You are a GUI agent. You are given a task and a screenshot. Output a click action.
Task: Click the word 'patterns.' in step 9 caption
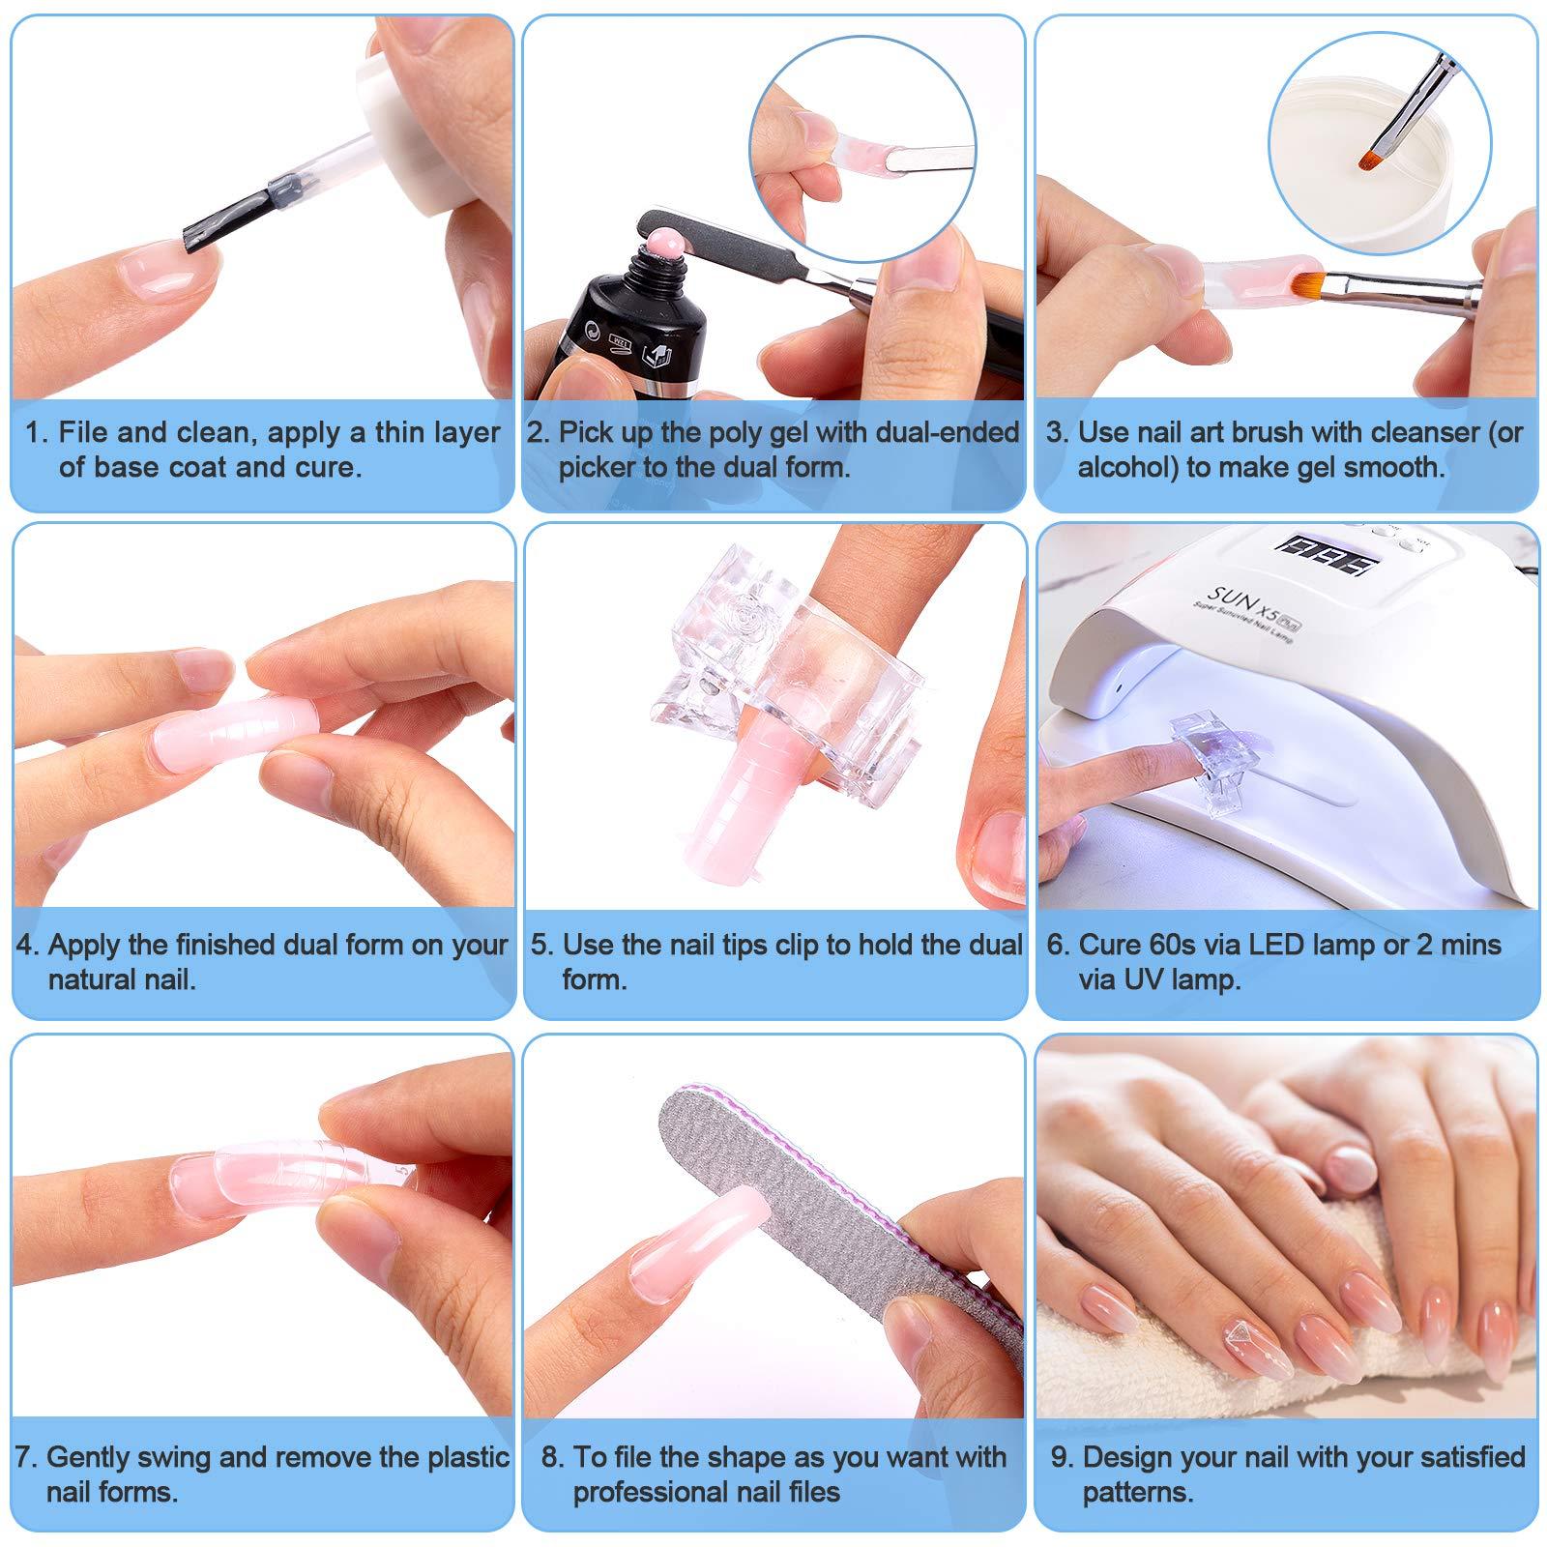[1138, 1492]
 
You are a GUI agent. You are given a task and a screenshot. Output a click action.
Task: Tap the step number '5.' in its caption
[540, 945]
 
